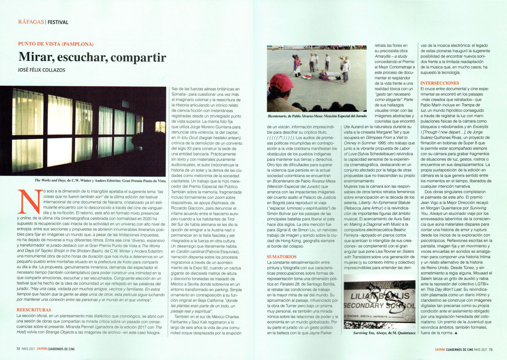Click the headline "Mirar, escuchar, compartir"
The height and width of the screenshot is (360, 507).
(x=92, y=57)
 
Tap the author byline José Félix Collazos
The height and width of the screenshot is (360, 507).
(x=42, y=70)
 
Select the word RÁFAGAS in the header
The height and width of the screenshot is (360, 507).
(x=31, y=22)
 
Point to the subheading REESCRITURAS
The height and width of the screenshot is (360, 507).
(x=34, y=310)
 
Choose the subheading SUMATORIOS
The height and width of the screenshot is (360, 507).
(x=282, y=257)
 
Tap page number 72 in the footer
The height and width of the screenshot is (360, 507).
(x=18, y=349)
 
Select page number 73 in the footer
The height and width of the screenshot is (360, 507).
(x=491, y=350)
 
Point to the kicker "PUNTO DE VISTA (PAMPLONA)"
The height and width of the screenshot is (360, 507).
(x=56, y=44)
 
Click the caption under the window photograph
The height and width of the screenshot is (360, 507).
(x=100, y=180)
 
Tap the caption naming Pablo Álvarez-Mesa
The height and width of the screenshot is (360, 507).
(x=317, y=116)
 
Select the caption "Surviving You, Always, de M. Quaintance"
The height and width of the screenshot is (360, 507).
(x=384, y=333)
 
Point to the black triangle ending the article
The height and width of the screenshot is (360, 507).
(x=456, y=333)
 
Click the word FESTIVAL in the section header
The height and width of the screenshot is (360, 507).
(x=58, y=22)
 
